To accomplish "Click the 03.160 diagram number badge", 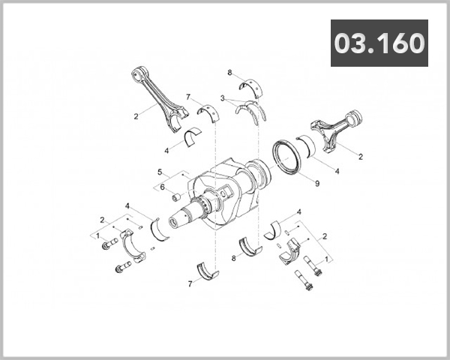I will (x=379, y=43).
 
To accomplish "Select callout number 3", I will (x=223, y=98).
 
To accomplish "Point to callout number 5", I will (x=159, y=172).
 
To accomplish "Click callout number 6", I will (x=162, y=187).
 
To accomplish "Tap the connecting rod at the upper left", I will (x=162, y=97).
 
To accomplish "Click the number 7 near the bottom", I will (x=190, y=283).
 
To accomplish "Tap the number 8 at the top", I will (x=229, y=72).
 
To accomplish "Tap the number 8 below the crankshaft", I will (x=234, y=258).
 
